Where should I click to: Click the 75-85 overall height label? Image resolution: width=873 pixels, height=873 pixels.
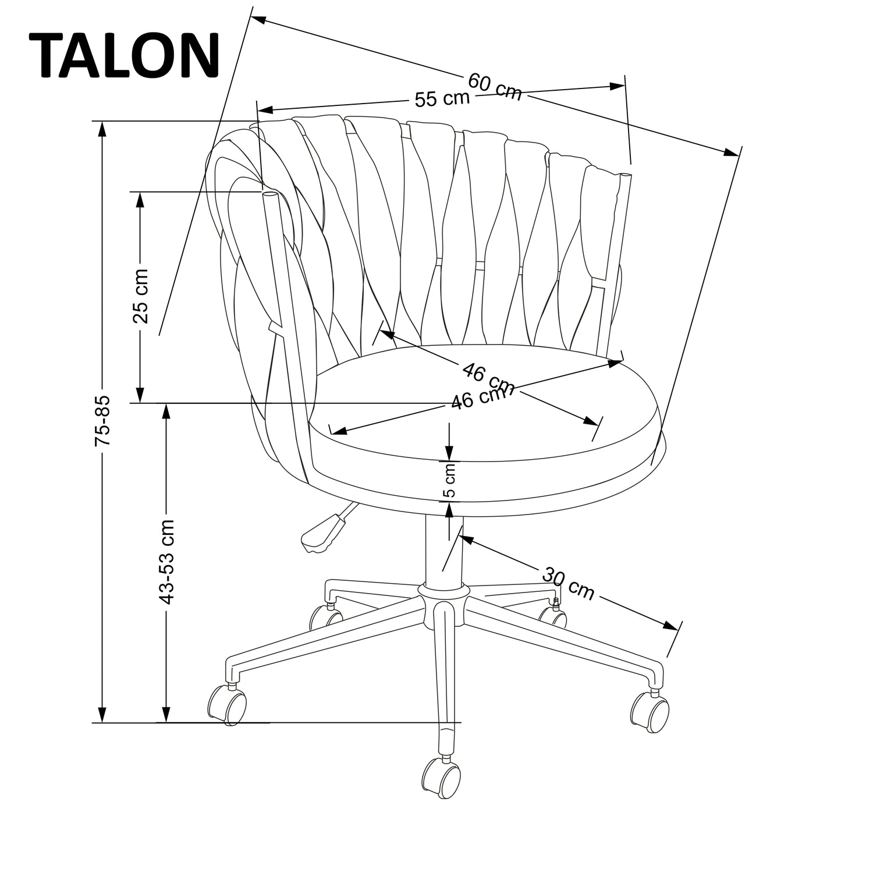(102, 422)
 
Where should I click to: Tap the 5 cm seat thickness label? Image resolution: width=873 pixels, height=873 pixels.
(450, 481)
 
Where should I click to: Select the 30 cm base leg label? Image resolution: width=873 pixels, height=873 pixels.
(568, 583)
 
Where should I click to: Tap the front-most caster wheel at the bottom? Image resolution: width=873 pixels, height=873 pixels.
(441, 779)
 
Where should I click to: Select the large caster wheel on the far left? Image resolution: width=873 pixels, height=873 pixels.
(227, 705)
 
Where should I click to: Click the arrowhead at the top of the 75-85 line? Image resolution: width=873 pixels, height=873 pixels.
(102, 129)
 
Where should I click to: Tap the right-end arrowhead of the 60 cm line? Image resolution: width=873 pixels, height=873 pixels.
(731, 152)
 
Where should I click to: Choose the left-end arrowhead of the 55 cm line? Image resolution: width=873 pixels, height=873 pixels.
(265, 109)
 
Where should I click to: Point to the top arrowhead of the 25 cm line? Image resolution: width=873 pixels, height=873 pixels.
(140, 199)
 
